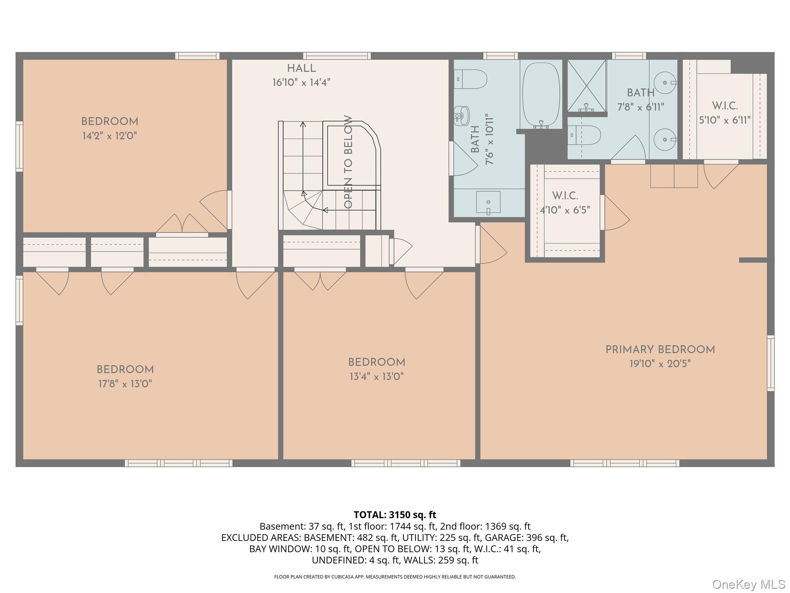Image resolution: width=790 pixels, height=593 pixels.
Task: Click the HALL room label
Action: tap(301, 69)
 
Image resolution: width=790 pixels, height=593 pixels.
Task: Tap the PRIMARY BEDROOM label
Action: tap(660, 350)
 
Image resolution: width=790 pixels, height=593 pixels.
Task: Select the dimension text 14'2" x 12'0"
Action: tap(110, 136)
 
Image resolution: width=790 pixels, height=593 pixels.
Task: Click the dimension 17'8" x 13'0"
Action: tap(125, 384)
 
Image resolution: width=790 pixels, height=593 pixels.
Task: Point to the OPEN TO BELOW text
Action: tap(348, 162)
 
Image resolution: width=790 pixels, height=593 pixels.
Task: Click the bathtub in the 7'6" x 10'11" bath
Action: tap(541, 95)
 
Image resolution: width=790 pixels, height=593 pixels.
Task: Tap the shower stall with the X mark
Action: tap(586, 86)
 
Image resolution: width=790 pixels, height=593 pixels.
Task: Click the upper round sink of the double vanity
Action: tap(667, 83)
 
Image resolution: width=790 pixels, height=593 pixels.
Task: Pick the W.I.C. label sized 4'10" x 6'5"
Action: tap(565, 196)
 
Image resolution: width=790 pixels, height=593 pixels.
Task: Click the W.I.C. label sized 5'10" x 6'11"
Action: tap(725, 106)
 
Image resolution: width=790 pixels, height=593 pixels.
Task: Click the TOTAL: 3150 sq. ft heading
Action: tap(395, 515)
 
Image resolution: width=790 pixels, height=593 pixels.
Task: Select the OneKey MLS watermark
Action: tap(748, 585)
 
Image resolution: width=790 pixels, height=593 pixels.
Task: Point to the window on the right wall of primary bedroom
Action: tap(770, 363)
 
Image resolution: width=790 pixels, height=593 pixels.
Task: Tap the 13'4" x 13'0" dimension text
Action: tap(376, 376)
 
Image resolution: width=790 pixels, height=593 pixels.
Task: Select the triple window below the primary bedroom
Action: tap(625, 463)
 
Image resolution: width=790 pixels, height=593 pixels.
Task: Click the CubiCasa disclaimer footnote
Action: tap(395, 577)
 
